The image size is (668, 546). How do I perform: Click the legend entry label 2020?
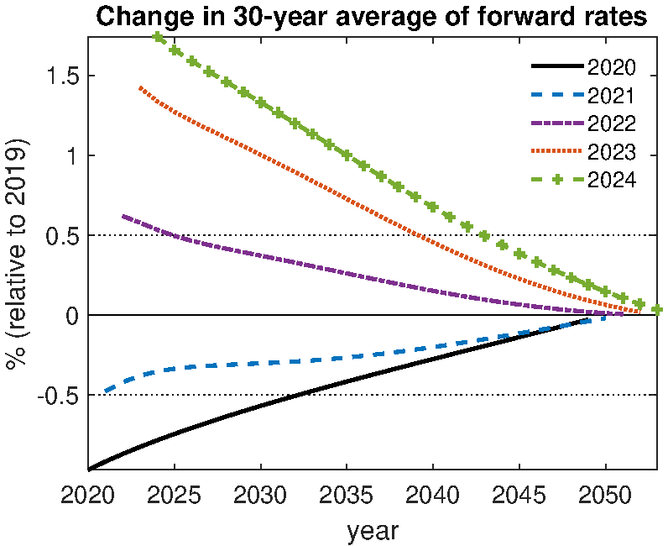(x=612, y=68)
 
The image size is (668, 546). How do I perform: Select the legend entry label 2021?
(x=612, y=96)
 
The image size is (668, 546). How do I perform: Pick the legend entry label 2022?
(x=612, y=123)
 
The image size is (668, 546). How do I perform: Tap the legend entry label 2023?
(x=612, y=152)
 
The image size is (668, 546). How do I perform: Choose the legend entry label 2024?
(x=612, y=180)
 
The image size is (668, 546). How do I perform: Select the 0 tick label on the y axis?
(x=71, y=316)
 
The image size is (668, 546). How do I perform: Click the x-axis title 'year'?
(x=372, y=530)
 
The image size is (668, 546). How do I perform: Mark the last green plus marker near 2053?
(x=657, y=310)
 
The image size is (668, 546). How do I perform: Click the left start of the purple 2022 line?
(x=123, y=216)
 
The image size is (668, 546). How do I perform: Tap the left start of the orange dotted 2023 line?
(x=140, y=87)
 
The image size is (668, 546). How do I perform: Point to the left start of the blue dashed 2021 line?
(x=106, y=391)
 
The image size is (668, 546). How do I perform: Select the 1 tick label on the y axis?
(x=71, y=156)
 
